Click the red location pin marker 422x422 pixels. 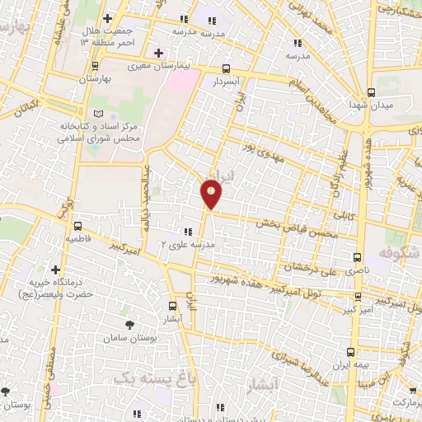click(212, 194)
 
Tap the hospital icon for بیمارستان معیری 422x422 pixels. click(157, 54)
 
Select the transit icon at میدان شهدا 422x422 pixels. click(371, 92)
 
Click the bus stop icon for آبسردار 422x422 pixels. click(227, 69)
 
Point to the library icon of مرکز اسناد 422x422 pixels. click(99, 113)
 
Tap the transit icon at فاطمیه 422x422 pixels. click(77, 226)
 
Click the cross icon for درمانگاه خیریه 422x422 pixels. click(55, 270)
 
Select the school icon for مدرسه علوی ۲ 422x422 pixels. click(187, 232)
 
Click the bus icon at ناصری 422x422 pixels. click(356, 257)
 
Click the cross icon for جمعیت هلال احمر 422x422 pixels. click(108, 18)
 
